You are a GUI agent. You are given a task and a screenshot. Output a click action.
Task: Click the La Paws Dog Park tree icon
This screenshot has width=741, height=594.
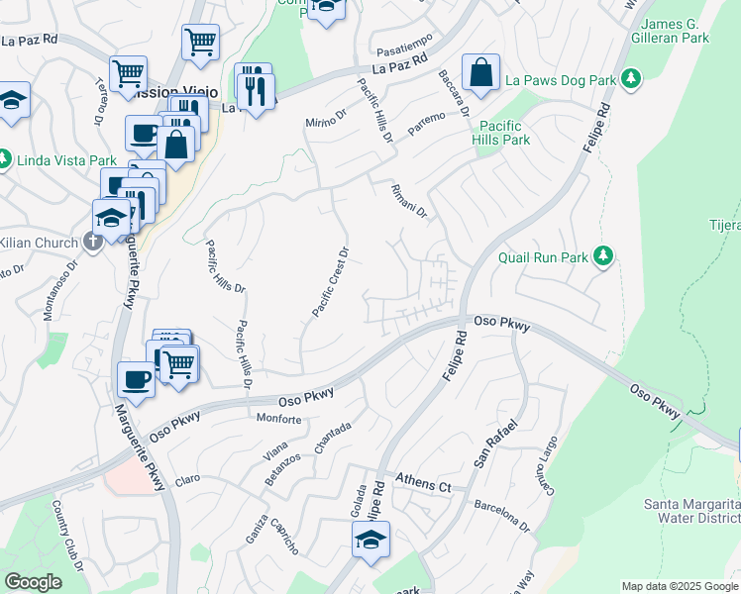(631, 78)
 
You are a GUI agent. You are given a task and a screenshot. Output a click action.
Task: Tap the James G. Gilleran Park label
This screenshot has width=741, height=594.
(676, 30)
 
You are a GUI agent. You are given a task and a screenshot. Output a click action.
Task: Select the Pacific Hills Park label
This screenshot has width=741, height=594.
(504, 133)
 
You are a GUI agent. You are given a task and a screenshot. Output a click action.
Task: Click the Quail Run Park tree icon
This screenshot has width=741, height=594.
(601, 257)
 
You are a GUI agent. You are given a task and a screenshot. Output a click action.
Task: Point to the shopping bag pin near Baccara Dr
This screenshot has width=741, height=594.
(480, 72)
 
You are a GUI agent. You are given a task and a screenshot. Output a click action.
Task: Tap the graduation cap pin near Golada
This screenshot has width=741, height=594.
(370, 540)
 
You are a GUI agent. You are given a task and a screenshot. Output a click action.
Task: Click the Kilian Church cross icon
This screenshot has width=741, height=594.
(92, 242)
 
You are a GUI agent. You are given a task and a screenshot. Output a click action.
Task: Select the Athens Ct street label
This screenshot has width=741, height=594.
(423, 485)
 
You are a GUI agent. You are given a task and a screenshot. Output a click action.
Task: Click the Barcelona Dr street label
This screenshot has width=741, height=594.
(500, 514)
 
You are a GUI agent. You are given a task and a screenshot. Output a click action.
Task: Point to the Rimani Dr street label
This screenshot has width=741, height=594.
(408, 199)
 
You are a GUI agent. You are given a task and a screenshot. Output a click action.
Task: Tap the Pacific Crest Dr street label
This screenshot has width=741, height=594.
(332, 282)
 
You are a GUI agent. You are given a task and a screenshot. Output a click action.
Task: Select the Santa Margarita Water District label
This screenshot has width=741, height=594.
(691, 511)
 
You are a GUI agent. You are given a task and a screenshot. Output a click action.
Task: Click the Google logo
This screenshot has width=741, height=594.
(33, 582)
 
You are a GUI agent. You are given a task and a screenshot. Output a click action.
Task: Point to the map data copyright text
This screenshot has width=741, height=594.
(679, 586)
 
